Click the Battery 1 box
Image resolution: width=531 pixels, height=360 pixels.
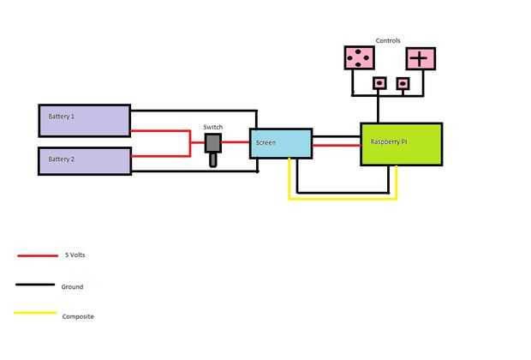pos(84,120)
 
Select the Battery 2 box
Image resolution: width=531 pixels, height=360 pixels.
pos(84,160)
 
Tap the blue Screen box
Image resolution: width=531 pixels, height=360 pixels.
pos(281,143)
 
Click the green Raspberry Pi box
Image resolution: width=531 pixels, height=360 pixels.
pos(401,144)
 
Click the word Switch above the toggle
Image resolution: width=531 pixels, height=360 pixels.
pos(213,127)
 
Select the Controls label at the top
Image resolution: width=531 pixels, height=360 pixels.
pos(388,40)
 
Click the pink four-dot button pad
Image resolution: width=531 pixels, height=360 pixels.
pos(359,58)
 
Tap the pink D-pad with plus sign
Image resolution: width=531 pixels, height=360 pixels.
pos(420,58)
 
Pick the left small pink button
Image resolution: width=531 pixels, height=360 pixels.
pos(379,83)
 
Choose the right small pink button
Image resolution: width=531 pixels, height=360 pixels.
pos(403,83)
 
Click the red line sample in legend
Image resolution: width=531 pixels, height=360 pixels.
pos(37,255)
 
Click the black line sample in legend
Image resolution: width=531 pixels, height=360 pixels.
pos(37,285)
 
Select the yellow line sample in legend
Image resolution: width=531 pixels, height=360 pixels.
pos(37,315)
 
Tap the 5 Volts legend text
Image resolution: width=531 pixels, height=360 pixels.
pos(75,255)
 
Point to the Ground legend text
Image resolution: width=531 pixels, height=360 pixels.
pos(72,286)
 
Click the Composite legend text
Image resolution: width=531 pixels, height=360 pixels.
pos(78,316)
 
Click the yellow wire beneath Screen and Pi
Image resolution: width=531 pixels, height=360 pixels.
pos(343,199)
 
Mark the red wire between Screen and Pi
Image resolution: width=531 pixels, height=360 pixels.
pos(336,145)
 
